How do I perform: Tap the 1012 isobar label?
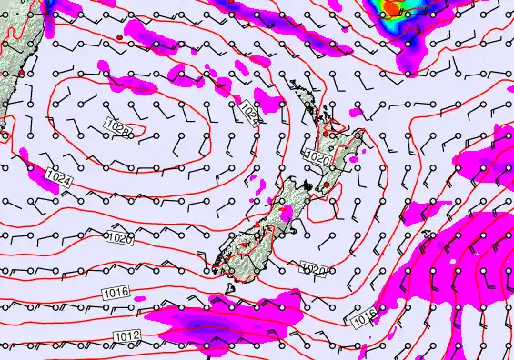(126, 336)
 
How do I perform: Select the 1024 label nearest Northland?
(251, 111)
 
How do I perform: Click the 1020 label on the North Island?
(316, 158)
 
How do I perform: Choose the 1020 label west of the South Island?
(119, 238)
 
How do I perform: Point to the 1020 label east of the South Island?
(312, 268)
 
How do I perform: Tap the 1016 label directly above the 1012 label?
(116, 292)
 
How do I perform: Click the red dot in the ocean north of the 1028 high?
(118, 36)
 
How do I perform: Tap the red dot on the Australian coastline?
(20, 71)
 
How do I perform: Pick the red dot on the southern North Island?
(326, 185)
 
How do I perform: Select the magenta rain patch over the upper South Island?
(287, 215)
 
